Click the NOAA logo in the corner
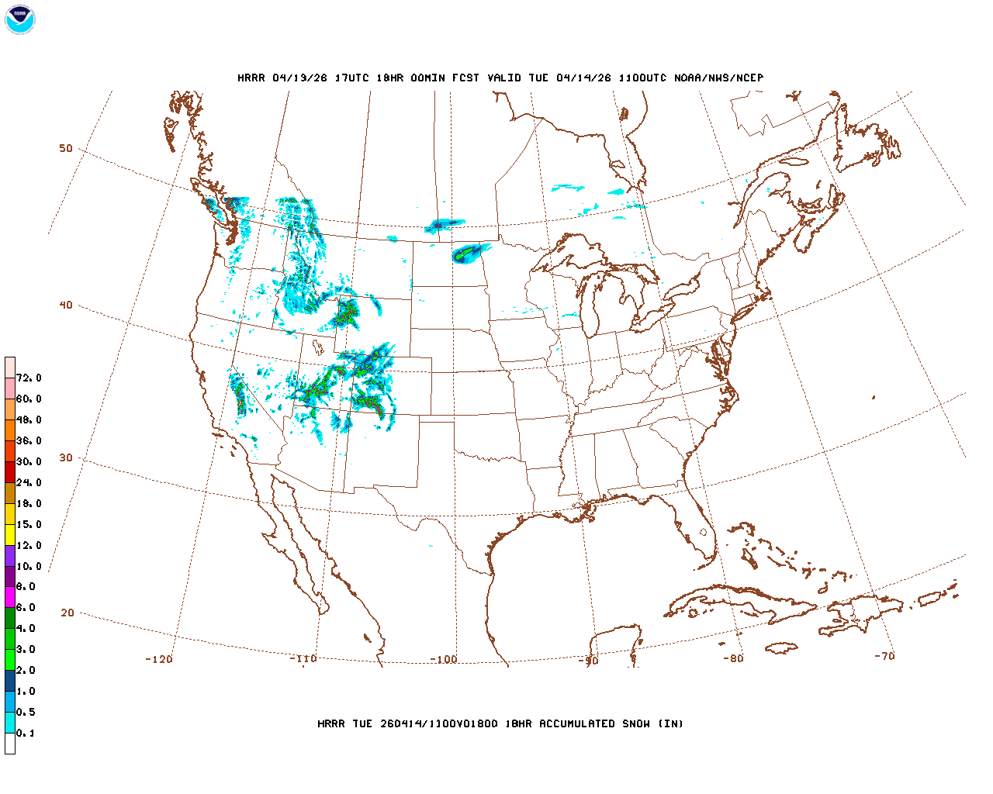pos(19,19)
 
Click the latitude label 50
pos(66,148)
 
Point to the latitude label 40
pos(66,305)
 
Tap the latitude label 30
pos(66,457)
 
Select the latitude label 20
pos(67,613)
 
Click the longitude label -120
pos(159,659)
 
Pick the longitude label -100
pos(444,659)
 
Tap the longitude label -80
pos(732,658)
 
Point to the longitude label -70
pos(884,656)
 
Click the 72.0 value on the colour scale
pos(29,378)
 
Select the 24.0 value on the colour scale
pos(29,483)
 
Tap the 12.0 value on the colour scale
pos(29,546)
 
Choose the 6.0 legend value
pos(26,608)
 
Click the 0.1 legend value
pos(26,734)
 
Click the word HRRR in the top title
pos(251,78)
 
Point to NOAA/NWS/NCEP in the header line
pos(719,78)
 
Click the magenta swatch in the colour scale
pos(10,597)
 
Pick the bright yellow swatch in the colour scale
pos(10,535)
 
